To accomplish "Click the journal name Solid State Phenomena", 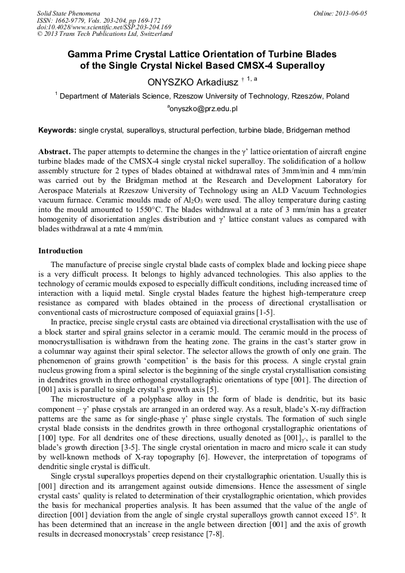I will click(x=67, y=13).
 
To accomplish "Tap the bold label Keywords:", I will click(x=57, y=130).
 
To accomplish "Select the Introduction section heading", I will click(x=60, y=250).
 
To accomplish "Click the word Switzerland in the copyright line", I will click(x=152, y=34).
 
